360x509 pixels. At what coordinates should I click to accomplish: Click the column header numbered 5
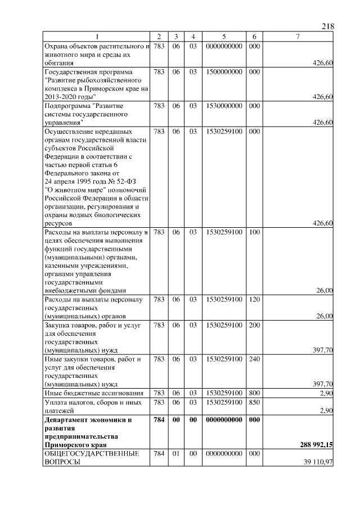click(x=224, y=37)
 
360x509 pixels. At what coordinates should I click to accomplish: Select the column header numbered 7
click(x=298, y=37)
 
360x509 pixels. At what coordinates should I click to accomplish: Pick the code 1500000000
click(x=224, y=73)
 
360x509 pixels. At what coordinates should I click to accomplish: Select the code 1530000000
click(x=224, y=105)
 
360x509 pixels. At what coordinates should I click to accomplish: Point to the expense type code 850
click(x=254, y=403)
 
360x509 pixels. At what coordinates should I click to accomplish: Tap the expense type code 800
click(x=254, y=393)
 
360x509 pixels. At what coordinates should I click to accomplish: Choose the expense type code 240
click(x=254, y=358)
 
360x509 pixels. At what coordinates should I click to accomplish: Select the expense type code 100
click(x=254, y=232)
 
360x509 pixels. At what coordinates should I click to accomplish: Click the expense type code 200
click(x=254, y=325)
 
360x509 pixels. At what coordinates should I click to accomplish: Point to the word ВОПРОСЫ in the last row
click(x=62, y=462)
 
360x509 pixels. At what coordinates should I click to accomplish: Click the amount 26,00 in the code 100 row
click(x=323, y=290)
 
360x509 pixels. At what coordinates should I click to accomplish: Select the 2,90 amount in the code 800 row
click(x=326, y=393)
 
